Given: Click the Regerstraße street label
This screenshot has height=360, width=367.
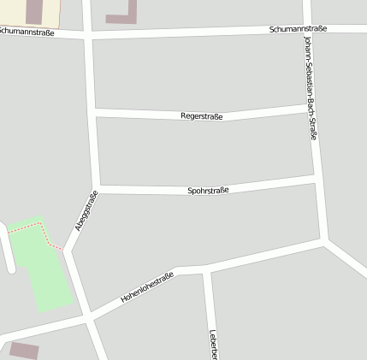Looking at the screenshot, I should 202,115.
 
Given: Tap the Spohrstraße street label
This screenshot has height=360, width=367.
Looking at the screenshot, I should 208,191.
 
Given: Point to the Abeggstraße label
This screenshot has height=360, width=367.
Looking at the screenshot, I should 86,210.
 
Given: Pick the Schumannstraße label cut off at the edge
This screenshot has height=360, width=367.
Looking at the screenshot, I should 27,32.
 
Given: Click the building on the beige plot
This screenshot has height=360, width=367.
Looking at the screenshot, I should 34,11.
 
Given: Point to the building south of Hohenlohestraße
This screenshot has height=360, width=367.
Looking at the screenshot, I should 24,351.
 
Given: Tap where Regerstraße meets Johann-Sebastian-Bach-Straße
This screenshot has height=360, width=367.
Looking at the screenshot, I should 309,106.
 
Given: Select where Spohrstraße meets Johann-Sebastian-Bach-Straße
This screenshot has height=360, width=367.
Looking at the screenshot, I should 315,180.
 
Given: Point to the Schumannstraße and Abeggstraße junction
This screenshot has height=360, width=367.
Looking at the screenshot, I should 88,36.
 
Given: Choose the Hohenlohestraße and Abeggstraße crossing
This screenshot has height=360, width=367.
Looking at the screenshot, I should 89,318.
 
